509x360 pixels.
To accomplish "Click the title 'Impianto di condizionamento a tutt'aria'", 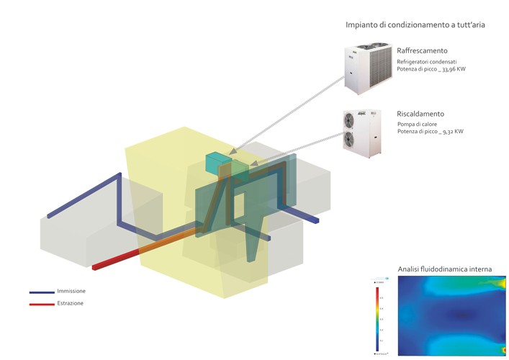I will coord(415,24).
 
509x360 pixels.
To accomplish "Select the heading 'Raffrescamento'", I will coord(422,50).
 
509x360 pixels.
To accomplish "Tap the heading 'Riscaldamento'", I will coord(420,114).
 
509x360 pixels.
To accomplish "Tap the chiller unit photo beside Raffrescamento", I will coord(366,68).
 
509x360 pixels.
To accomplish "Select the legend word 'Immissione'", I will coord(71,291).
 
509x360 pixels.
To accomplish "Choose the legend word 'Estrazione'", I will coord(71,303).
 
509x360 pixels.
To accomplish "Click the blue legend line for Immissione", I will coord(42,292).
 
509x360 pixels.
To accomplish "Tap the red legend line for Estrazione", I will coord(42,305).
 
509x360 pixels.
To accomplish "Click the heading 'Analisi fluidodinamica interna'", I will coord(444,269).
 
